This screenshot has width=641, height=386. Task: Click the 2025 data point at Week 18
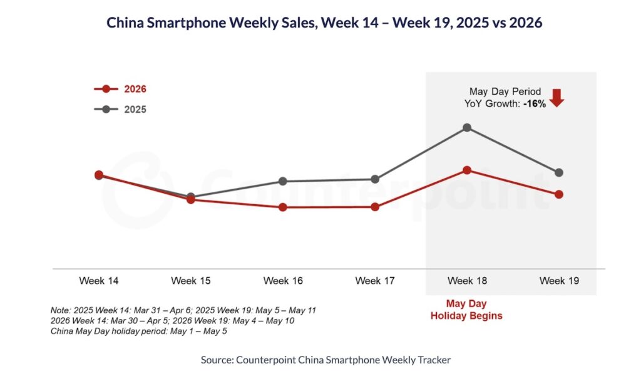coord(467,128)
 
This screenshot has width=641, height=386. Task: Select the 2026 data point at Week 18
coord(467,170)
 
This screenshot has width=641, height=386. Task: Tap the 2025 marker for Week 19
coord(559,173)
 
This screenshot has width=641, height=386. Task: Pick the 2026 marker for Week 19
coord(559,194)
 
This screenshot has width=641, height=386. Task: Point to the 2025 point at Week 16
coord(283,181)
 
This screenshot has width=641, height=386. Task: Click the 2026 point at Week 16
coord(283,207)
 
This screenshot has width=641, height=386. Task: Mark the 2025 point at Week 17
coord(375,179)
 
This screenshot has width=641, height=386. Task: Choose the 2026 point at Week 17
coord(375,207)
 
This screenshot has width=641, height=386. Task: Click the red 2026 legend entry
coord(120,89)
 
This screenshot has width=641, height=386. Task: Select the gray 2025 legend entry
coord(120,109)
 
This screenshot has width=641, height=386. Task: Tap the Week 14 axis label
coord(98,281)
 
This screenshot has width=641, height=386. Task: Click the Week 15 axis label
coord(191,281)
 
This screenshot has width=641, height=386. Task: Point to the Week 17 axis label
coord(375,281)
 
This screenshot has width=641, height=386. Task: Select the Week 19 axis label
coord(559,281)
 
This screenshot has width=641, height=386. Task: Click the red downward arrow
coord(556,98)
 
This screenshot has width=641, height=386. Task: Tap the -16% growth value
coord(535,104)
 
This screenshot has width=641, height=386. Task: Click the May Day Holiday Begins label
coord(466,310)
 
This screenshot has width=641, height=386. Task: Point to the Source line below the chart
coord(326,360)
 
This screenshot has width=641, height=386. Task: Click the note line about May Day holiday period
coord(138,331)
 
